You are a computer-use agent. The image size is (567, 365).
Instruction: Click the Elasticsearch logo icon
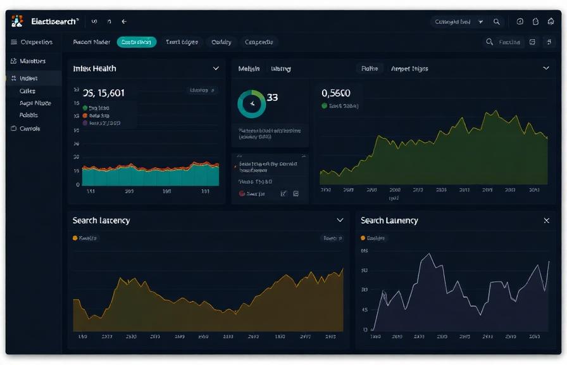17,21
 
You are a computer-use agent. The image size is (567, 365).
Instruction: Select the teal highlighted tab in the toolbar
136,42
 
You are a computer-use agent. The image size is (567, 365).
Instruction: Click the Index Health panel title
94,68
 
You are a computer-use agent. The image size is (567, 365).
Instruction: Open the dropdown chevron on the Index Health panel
216,68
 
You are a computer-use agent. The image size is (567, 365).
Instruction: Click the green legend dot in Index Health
85,108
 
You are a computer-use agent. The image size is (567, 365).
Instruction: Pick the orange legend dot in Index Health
85,116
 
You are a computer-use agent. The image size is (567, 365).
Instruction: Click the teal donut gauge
251,103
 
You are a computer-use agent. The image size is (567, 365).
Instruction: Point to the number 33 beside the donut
272,98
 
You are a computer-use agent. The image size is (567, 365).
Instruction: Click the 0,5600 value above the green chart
336,93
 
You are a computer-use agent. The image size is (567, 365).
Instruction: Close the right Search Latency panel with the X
547,221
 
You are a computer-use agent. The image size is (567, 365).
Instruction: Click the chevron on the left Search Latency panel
340,221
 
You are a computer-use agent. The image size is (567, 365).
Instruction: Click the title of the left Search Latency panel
101,221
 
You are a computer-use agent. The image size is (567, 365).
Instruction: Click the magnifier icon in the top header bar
497,22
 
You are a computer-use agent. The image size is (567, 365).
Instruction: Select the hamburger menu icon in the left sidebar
14,42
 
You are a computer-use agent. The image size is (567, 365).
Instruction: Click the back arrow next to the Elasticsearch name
124,22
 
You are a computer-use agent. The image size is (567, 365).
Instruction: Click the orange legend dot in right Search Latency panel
363,238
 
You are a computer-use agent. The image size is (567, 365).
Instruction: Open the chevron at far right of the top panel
546,68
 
